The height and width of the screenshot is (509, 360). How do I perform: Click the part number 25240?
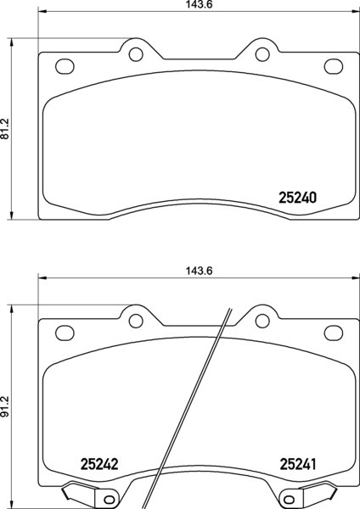tap(297, 198)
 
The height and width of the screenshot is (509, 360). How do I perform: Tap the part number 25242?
tap(99, 464)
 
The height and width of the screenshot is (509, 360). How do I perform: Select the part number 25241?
tap(298, 464)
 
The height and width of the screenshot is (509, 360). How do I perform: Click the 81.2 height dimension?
tap(5, 129)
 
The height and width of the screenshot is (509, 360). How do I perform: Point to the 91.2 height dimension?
tap(5, 406)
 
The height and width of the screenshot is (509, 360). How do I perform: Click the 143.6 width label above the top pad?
tap(199, 4)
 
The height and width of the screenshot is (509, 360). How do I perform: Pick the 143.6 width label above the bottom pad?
tap(199, 271)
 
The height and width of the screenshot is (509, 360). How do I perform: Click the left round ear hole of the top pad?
tap(136, 54)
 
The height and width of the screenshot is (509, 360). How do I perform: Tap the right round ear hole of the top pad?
tap(262, 54)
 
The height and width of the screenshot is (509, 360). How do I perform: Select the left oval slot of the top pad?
tap(65, 66)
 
